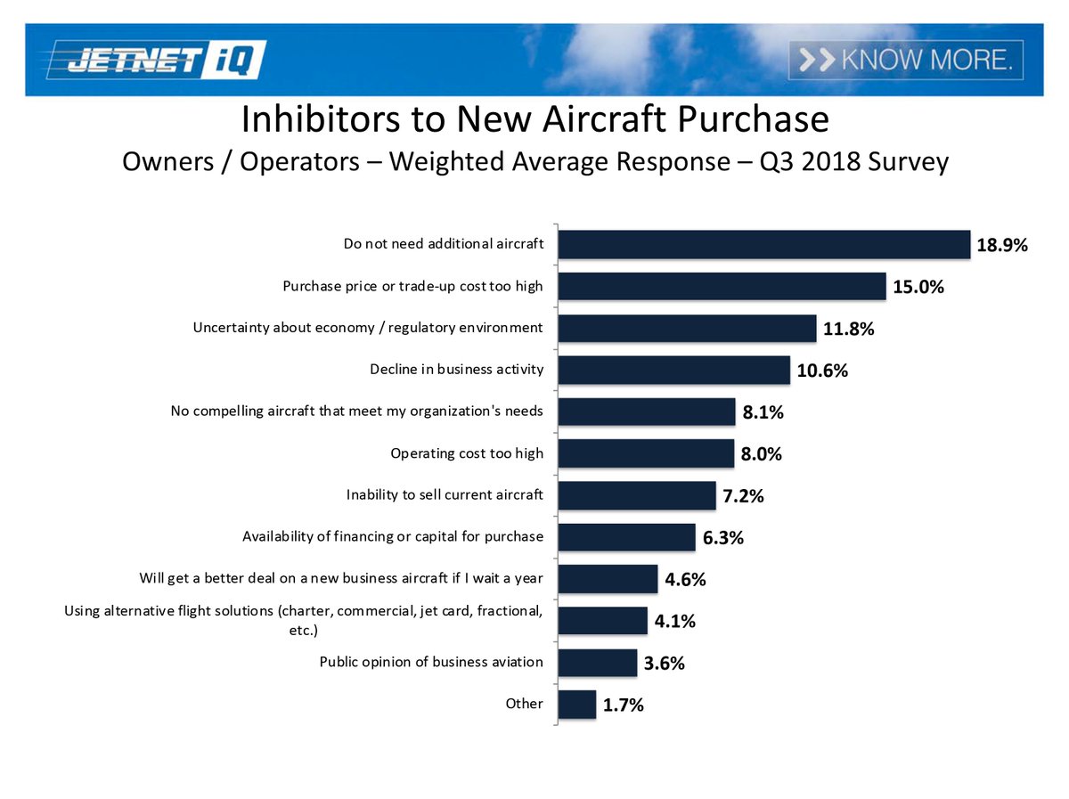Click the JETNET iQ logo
tap(156, 60)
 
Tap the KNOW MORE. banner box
tap(905, 60)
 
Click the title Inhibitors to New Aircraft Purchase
tap(534, 118)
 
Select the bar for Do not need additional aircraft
tap(763, 244)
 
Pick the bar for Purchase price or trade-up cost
tap(722, 286)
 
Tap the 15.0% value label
tap(918, 288)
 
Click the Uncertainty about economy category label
tap(368, 328)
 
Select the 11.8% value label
tap(849, 330)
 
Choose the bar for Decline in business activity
tap(673, 370)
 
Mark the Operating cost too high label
tap(467, 453)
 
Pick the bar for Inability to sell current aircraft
tap(637, 495)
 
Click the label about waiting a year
tap(341, 578)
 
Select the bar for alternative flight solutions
tap(602, 620)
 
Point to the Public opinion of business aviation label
tap(431, 662)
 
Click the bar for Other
tap(576, 704)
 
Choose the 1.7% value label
tap(624, 705)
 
